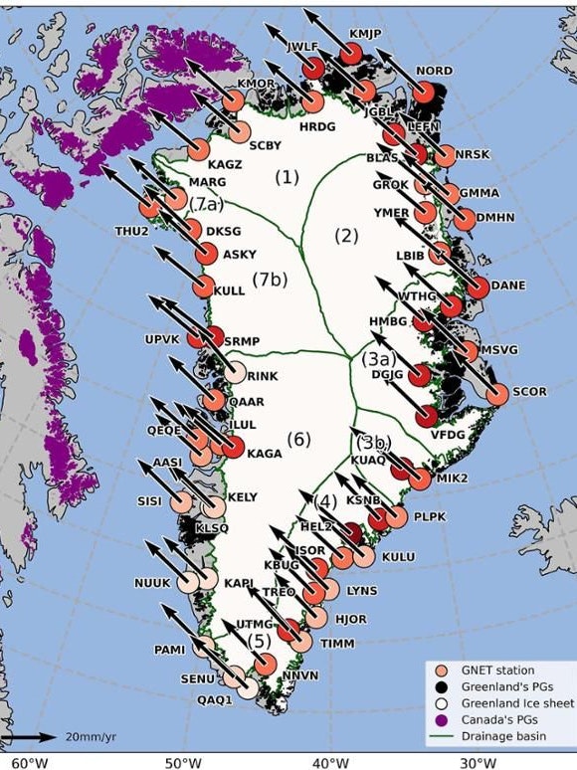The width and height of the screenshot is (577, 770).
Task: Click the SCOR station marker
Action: point(497,393)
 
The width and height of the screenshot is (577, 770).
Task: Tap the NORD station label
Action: point(434,72)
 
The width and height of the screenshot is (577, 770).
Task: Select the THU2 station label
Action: point(131,232)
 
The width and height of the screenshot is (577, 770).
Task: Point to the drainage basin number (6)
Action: point(299,439)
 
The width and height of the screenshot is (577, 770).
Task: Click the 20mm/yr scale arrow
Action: point(35,737)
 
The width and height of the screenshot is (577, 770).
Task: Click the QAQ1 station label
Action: point(214,698)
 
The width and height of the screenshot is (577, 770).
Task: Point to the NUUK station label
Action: point(153,582)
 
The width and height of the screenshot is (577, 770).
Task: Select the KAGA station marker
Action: point(232,447)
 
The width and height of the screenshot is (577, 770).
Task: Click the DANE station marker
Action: point(479,288)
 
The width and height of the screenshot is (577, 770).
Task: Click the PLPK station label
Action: point(431,517)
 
